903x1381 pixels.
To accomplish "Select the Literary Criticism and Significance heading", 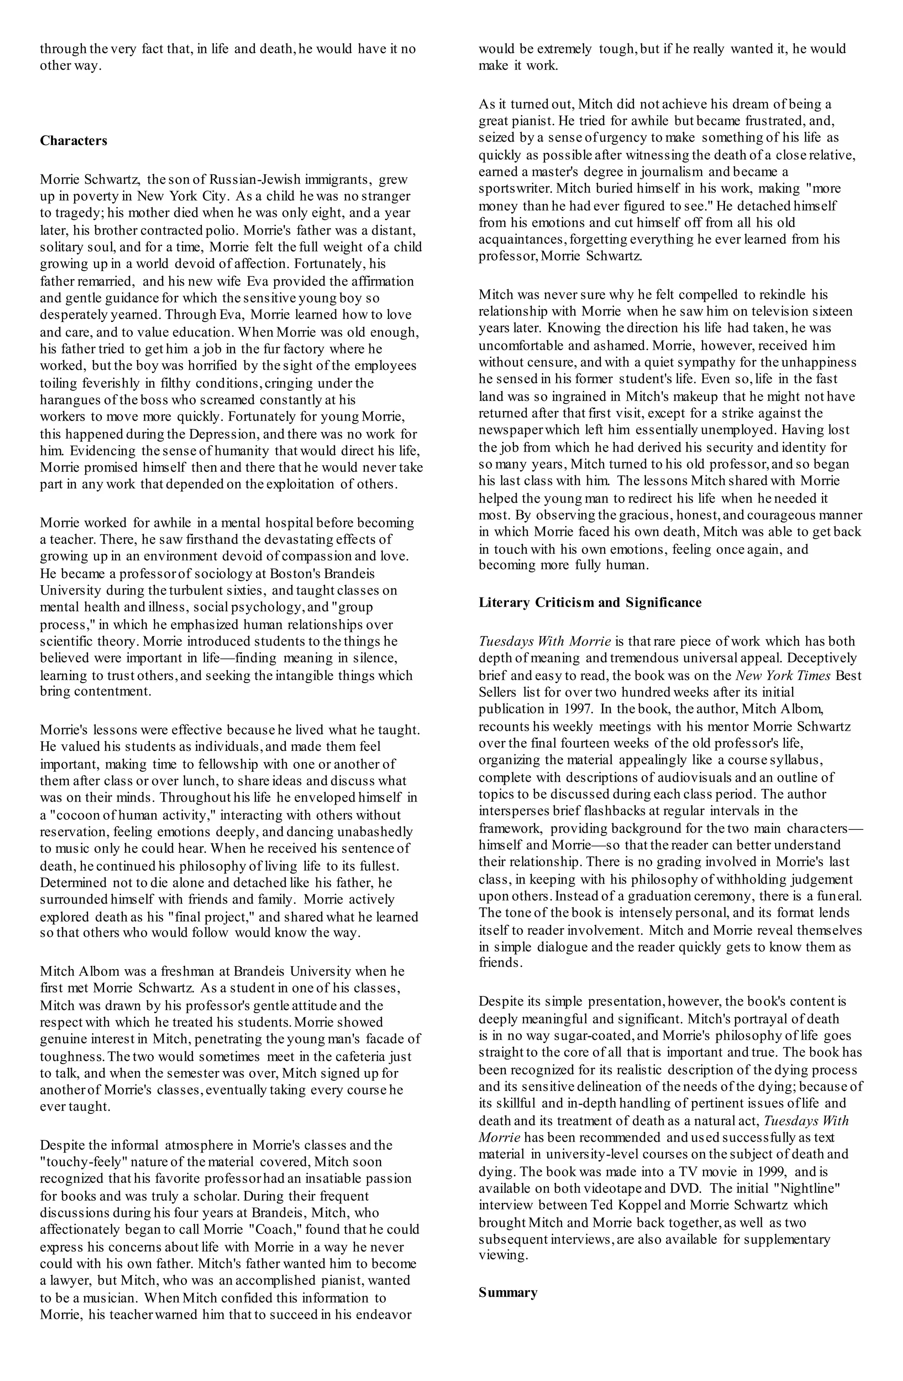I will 590,602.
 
